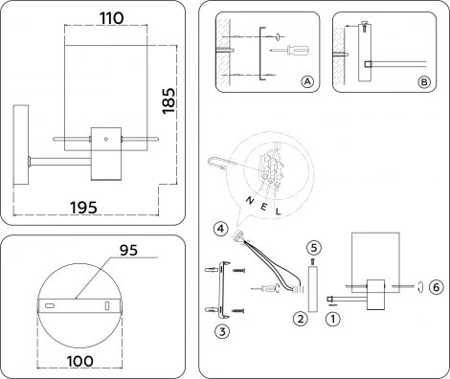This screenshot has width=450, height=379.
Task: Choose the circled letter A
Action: (x=307, y=83)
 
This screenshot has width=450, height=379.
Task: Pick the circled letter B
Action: (x=424, y=83)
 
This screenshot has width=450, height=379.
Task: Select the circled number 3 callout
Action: (x=222, y=331)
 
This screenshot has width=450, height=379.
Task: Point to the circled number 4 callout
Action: (x=221, y=230)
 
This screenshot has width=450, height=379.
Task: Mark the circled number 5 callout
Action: (x=312, y=246)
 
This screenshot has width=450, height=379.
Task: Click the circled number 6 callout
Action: (x=436, y=286)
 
